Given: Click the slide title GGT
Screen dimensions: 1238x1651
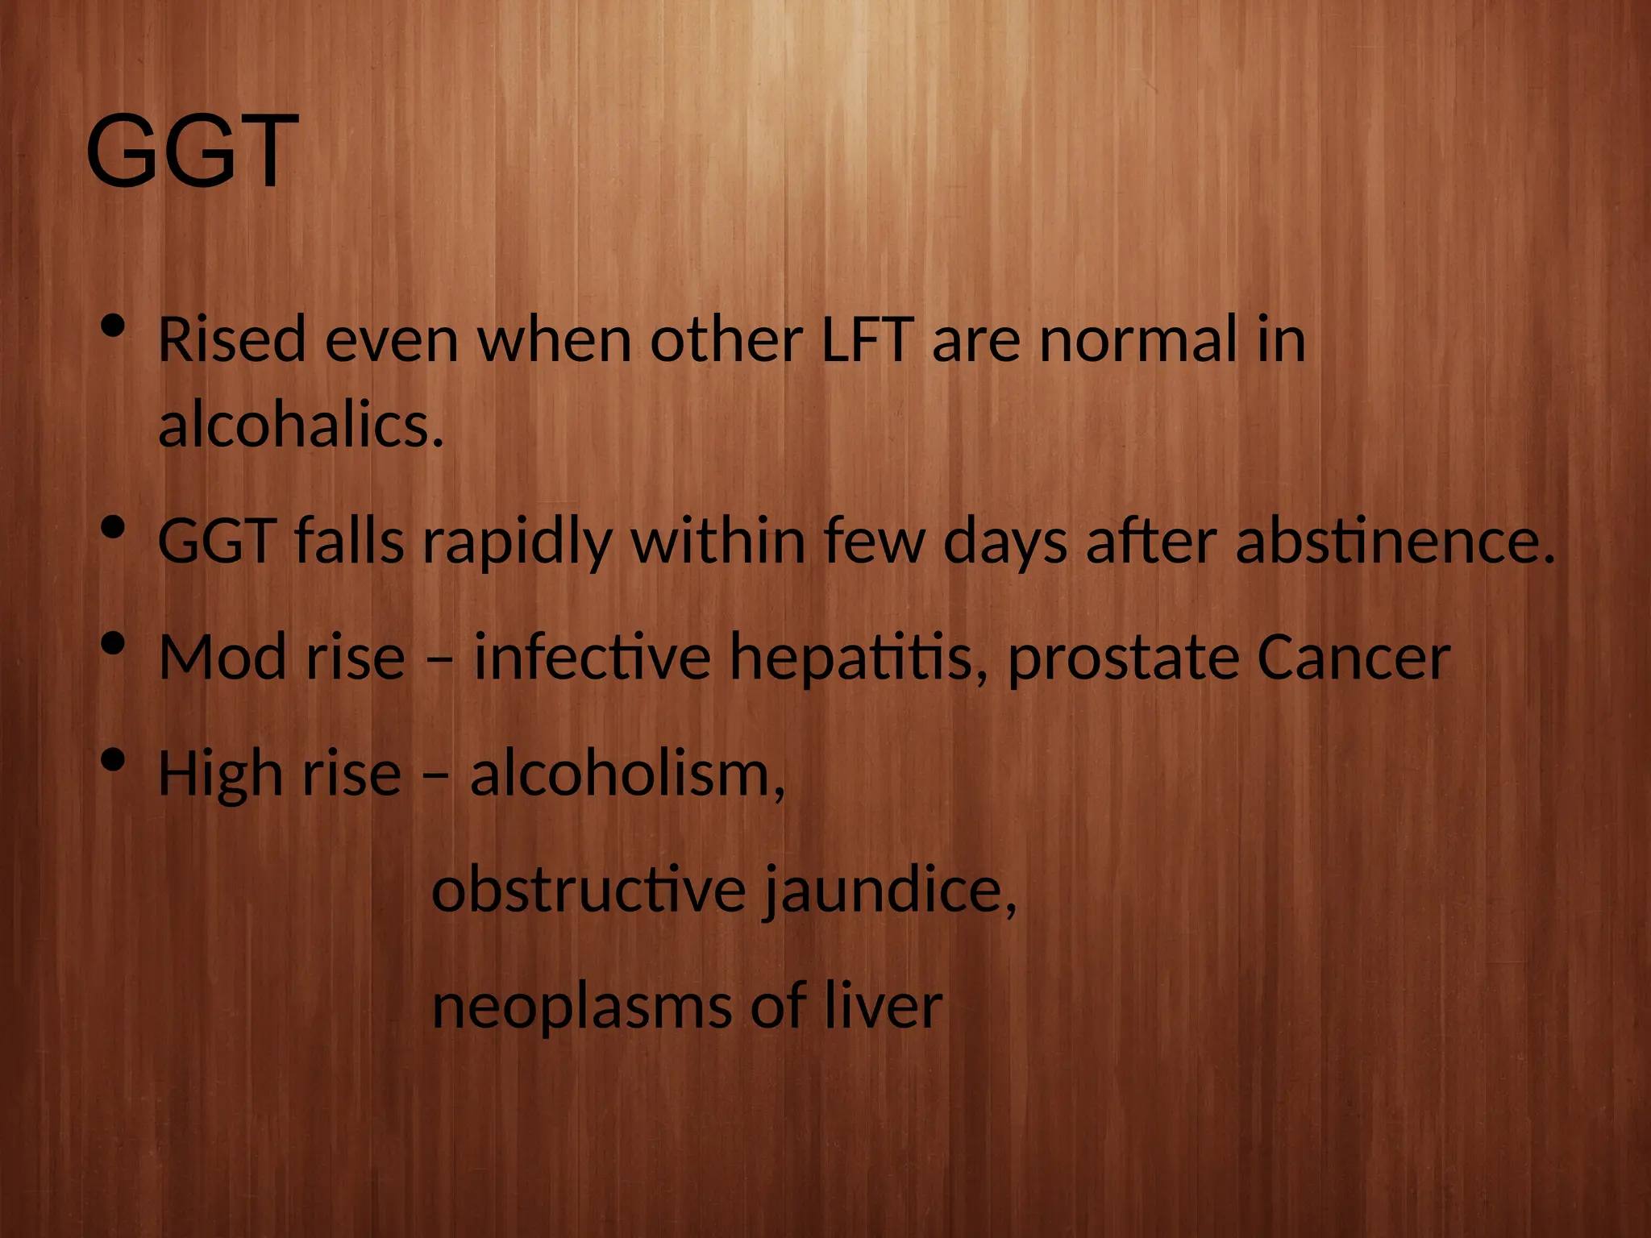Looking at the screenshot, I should coord(192,152).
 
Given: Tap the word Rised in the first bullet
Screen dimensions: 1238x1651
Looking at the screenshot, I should coord(231,340).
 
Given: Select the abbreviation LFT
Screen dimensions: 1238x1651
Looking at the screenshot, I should coord(867,340).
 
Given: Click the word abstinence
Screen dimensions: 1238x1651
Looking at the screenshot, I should coord(1395,542).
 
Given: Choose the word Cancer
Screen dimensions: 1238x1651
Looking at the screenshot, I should coord(1354,658).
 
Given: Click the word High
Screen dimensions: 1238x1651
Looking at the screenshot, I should coord(220,775).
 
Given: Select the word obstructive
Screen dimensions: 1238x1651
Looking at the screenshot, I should coord(589,891).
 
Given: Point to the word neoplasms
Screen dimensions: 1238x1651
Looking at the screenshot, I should coord(580,1007).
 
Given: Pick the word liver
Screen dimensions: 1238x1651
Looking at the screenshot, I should coord(884,1006).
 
